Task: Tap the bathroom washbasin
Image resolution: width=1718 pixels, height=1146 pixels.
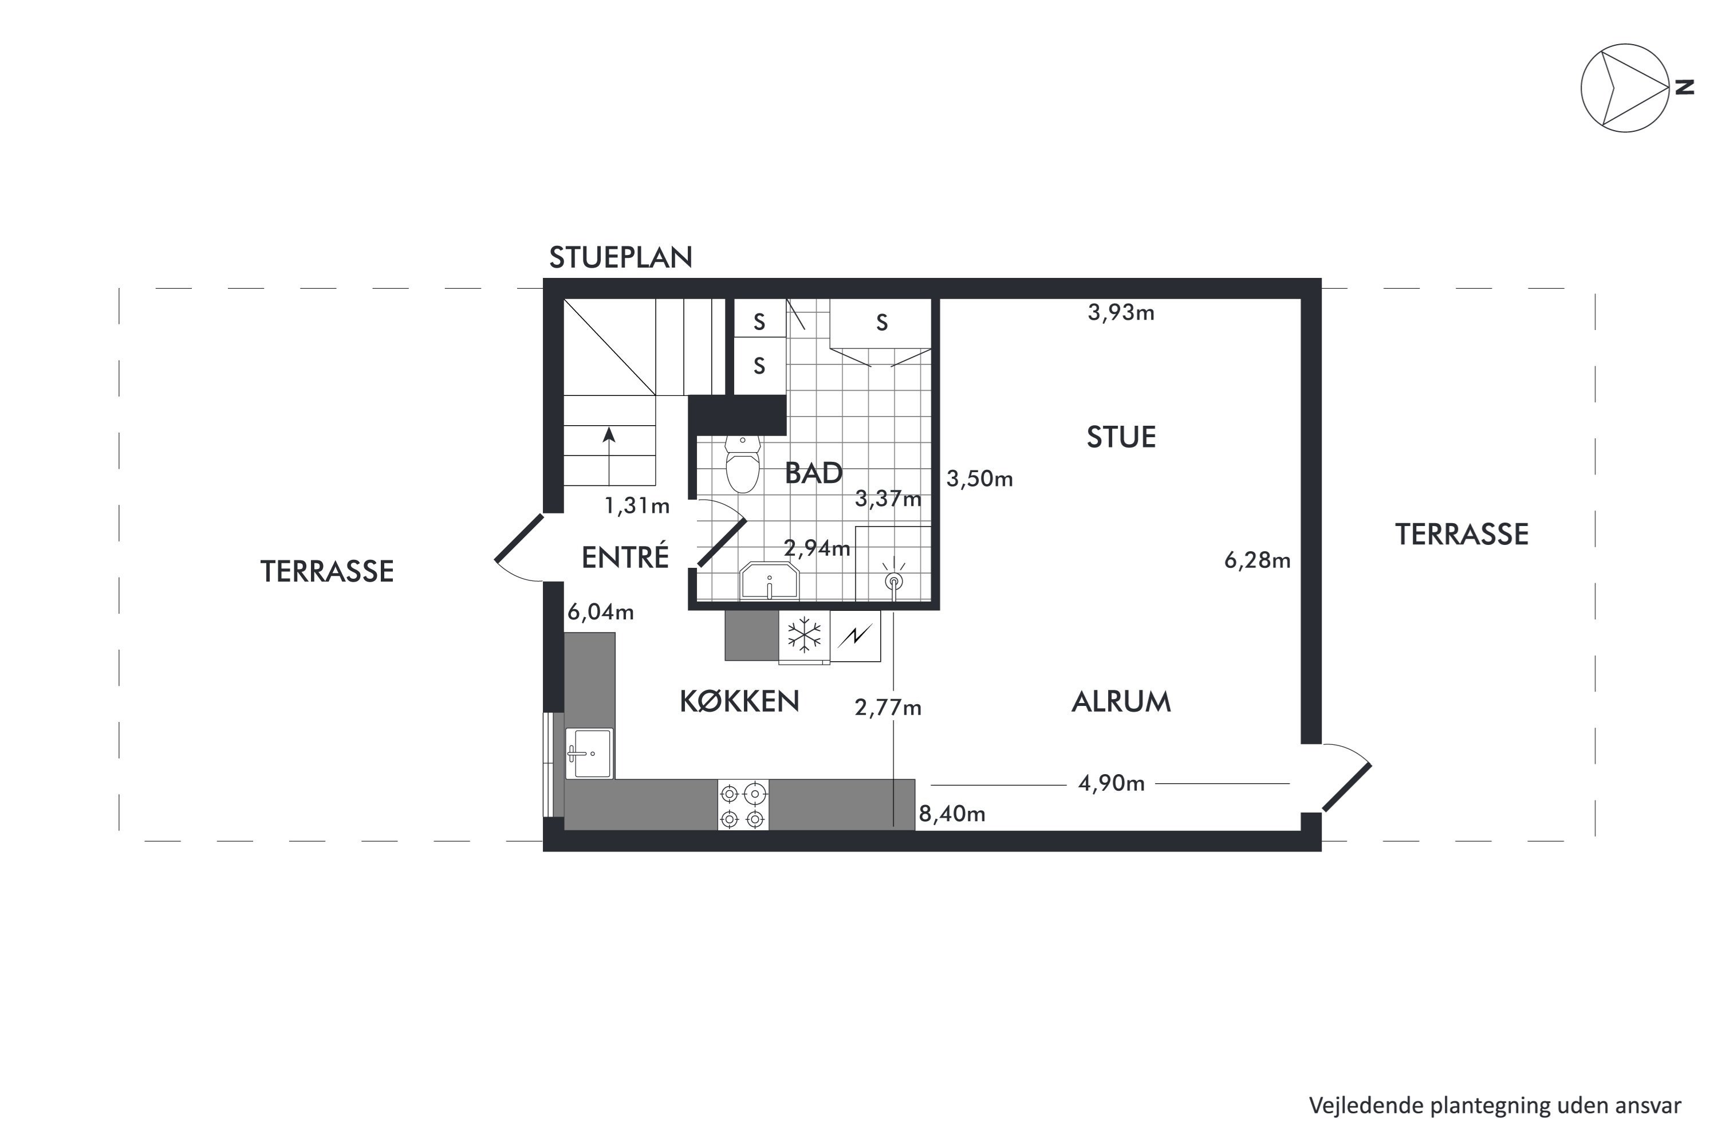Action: pyautogui.click(x=770, y=581)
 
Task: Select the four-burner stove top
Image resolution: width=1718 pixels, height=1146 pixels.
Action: pyautogui.click(x=743, y=804)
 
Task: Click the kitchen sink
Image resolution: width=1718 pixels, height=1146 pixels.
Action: pyautogui.click(x=589, y=753)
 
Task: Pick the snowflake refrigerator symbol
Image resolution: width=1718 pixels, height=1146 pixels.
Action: pyautogui.click(x=804, y=634)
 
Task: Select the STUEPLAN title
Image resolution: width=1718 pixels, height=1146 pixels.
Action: pyautogui.click(x=621, y=257)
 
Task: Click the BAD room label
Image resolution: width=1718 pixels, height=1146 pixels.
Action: pyautogui.click(x=814, y=473)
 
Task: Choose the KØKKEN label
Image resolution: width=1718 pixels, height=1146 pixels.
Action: pyautogui.click(x=739, y=701)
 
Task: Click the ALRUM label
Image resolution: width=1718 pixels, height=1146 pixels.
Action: pyautogui.click(x=1121, y=701)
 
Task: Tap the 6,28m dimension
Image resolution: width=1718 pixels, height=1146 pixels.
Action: pyautogui.click(x=1257, y=560)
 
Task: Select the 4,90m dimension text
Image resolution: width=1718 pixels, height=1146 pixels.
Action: pyautogui.click(x=1111, y=783)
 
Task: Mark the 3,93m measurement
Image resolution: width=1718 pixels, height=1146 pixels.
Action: pyautogui.click(x=1121, y=313)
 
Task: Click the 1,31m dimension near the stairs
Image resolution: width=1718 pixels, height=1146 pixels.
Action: pyautogui.click(x=637, y=506)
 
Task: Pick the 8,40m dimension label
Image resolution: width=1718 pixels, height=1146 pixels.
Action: pyautogui.click(x=952, y=814)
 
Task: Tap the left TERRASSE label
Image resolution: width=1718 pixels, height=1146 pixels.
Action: pyautogui.click(x=327, y=571)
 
